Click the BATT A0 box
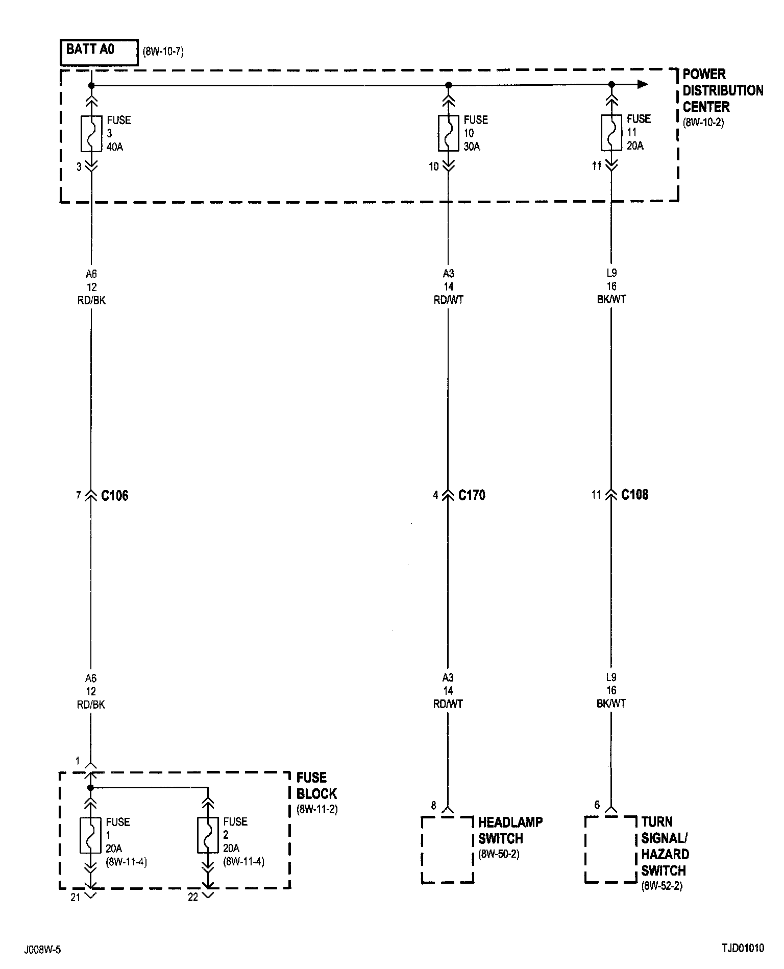tap(99, 52)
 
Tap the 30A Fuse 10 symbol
tap(448, 133)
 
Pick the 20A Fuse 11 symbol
tap(611, 133)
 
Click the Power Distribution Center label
tap(722, 91)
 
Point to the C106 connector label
tap(115, 496)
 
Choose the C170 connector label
tap(472, 495)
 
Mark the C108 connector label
tap(634, 495)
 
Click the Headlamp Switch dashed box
tap(448, 850)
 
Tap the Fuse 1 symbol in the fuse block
tap(90, 835)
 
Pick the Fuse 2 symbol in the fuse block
tap(208, 835)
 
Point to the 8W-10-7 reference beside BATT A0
tap(163, 52)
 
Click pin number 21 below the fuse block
tap(76, 897)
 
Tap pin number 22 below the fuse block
tap(193, 897)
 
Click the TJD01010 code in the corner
tap(743, 949)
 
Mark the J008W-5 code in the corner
tap(42, 950)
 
